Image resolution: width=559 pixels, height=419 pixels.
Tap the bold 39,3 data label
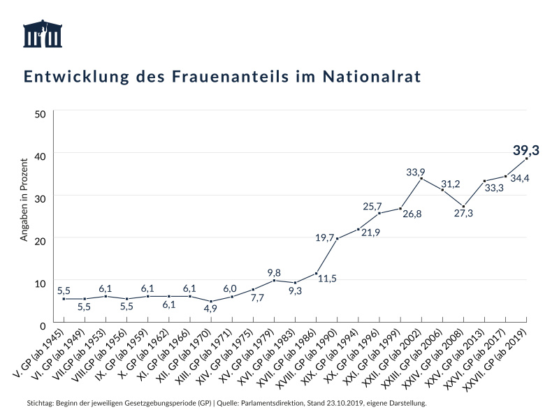click(x=526, y=150)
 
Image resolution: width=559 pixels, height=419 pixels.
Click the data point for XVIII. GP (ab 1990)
click(x=337, y=239)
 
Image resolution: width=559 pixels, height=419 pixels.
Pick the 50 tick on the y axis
click(x=40, y=114)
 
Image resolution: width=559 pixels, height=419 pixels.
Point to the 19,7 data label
click(x=324, y=238)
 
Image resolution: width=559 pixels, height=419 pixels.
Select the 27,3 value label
click(x=463, y=214)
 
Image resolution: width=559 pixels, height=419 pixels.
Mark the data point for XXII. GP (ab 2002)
click(x=421, y=178)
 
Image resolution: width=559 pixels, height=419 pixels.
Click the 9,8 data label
click(x=274, y=272)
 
